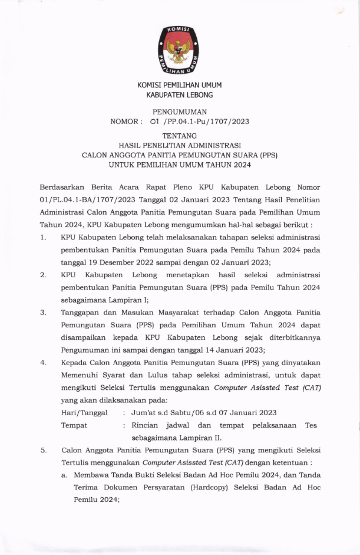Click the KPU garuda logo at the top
point(180,51)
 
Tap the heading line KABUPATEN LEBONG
point(180,95)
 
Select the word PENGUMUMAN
point(180,111)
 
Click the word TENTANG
point(180,136)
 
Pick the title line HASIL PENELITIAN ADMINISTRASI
point(180,145)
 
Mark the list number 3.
point(43,313)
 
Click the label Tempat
point(74,425)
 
